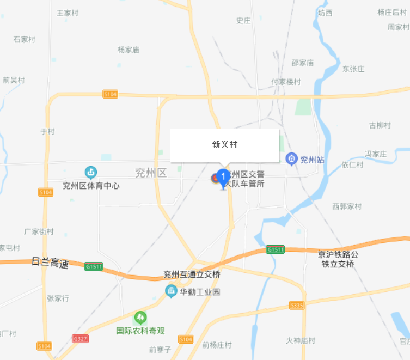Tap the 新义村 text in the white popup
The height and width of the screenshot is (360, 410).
pyautogui.click(x=224, y=145)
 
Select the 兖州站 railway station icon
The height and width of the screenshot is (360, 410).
pyautogui.click(x=292, y=159)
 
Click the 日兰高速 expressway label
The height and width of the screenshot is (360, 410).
pyautogui.click(x=51, y=264)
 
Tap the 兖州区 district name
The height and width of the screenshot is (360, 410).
pyautogui.click(x=150, y=173)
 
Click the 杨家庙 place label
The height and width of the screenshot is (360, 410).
pyautogui.click(x=128, y=50)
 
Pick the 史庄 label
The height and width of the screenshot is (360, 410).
pyautogui.click(x=243, y=21)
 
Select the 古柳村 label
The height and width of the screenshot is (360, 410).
pyautogui.click(x=380, y=125)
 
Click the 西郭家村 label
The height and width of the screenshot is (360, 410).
pyautogui.click(x=347, y=206)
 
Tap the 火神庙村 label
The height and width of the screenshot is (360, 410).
pyautogui.click(x=301, y=340)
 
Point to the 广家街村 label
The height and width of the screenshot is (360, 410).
pyautogui.click(x=39, y=231)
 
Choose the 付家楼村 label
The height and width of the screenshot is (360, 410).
pyautogui.click(x=286, y=82)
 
